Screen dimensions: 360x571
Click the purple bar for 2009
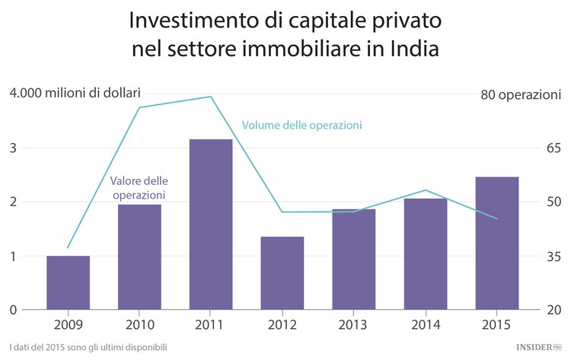(x=68, y=282)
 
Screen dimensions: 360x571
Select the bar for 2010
(x=139, y=256)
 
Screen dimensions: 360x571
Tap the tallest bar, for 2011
(x=211, y=225)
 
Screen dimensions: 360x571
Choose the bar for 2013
(x=354, y=259)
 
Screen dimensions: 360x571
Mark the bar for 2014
(x=426, y=253)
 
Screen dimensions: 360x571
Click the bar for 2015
(x=496, y=243)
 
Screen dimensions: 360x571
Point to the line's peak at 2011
(x=211, y=97)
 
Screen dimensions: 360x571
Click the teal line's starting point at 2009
(x=68, y=247)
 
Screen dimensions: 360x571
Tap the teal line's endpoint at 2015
(x=496, y=219)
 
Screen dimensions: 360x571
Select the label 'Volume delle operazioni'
(x=301, y=125)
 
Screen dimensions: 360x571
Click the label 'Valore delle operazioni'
(x=139, y=188)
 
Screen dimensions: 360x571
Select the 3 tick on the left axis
(x=13, y=148)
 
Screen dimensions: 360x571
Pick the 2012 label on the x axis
(x=282, y=325)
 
